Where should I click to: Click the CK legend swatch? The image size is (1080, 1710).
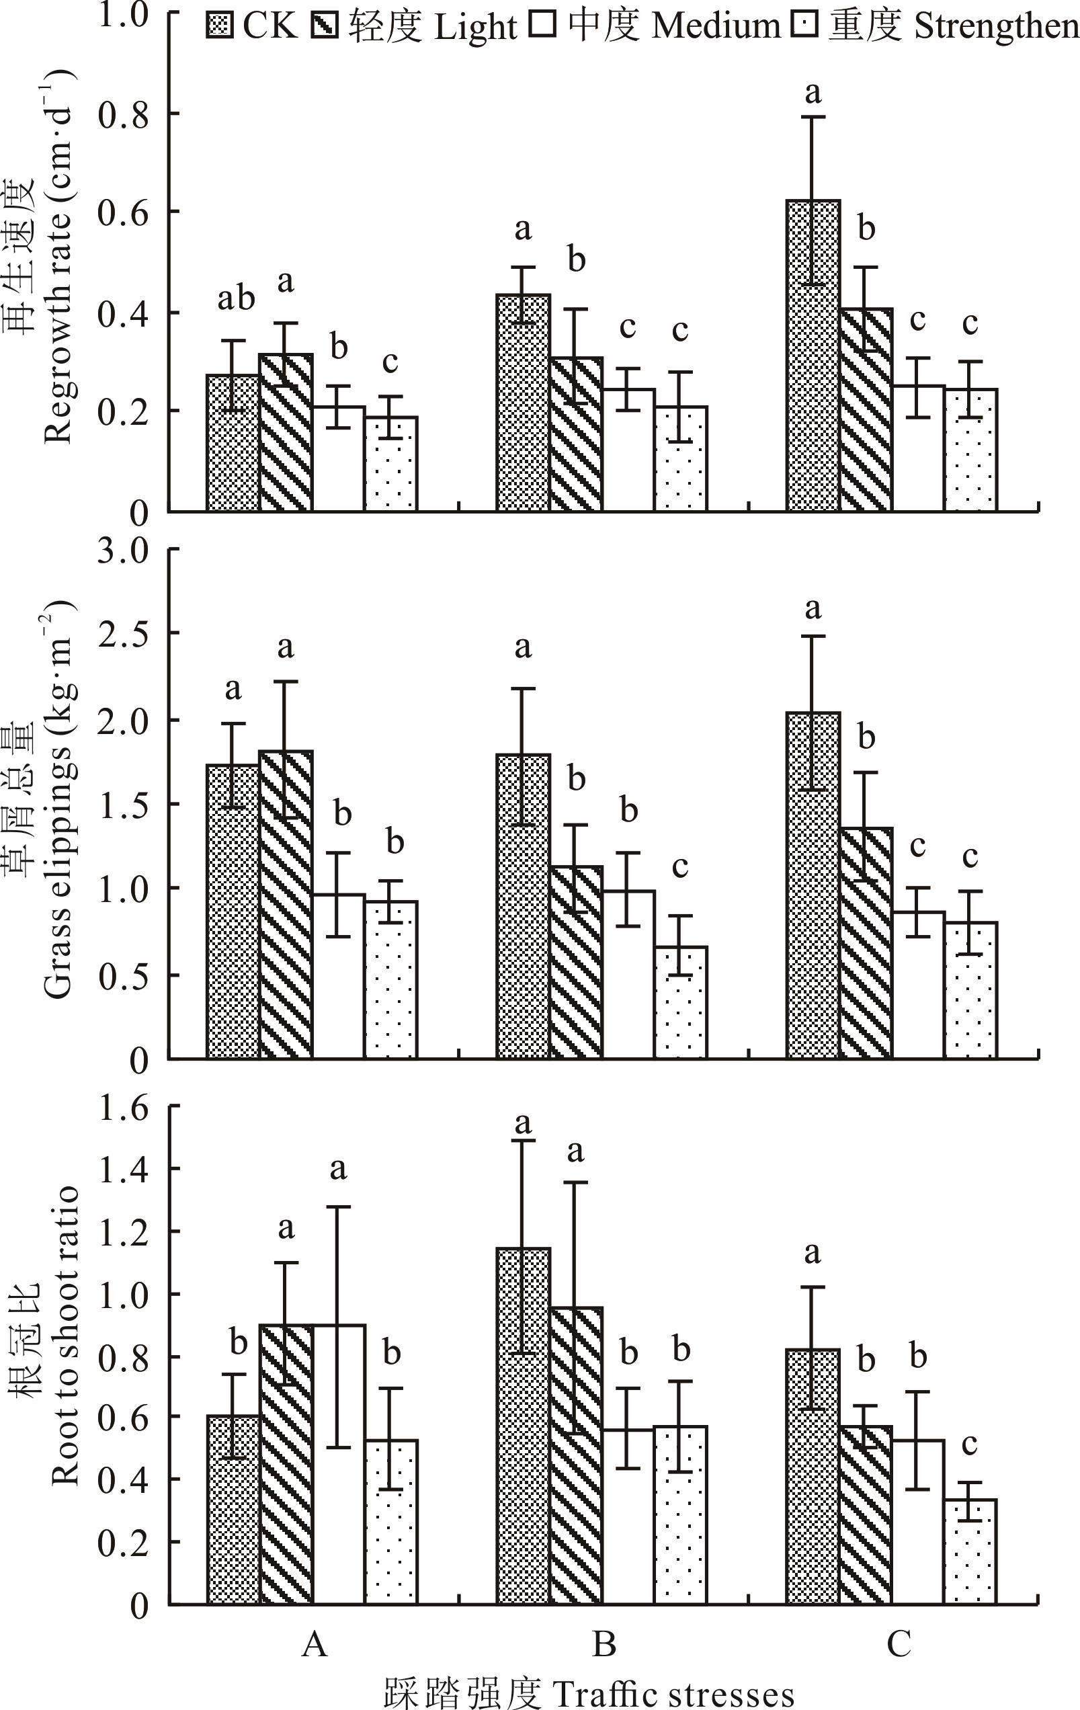pyautogui.click(x=219, y=25)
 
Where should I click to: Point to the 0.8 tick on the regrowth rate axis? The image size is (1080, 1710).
pyautogui.click(x=124, y=114)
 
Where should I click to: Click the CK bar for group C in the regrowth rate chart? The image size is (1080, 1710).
pyautogui.click(x=813, y=355)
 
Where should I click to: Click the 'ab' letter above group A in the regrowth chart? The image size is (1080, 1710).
pyautogui.click(x=236, y=298)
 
